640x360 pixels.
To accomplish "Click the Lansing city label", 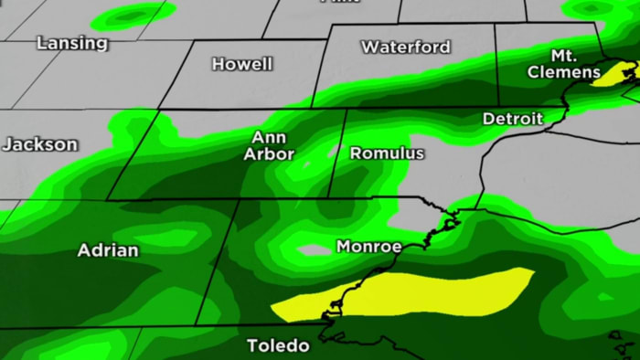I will pyautogui.click(x=72, y=43).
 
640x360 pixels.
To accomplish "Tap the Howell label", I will pyautogui.click(x=242, y=64).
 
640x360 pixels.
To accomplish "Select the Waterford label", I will pyautogui.click(x=406, y=47).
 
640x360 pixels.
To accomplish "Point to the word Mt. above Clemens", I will pyautogui.click(x=564, y=56).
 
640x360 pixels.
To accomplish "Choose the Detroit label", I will pyautogui.click(x=513, y=118).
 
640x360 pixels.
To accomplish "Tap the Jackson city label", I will pyautogui.click(x=39, y=144).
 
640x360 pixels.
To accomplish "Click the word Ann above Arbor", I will pyautogui.click(x=269, y=137).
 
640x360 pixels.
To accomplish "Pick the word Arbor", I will pyautogui.click(x=269, y=154).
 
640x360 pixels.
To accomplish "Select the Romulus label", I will pyautogui.click(x=387, y=153).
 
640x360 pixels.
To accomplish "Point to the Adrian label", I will pyautogui.click(x=108, y=249).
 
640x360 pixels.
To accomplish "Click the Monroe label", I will pyautogui.click(x=368, y=247).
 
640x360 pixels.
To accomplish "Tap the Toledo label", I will pyautogui.click(x=278, y=346).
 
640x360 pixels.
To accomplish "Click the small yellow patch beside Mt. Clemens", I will pyautogui.click(x=608, y=77).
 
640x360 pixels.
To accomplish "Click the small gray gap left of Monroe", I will pyautogui.click(x=314, y=249).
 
